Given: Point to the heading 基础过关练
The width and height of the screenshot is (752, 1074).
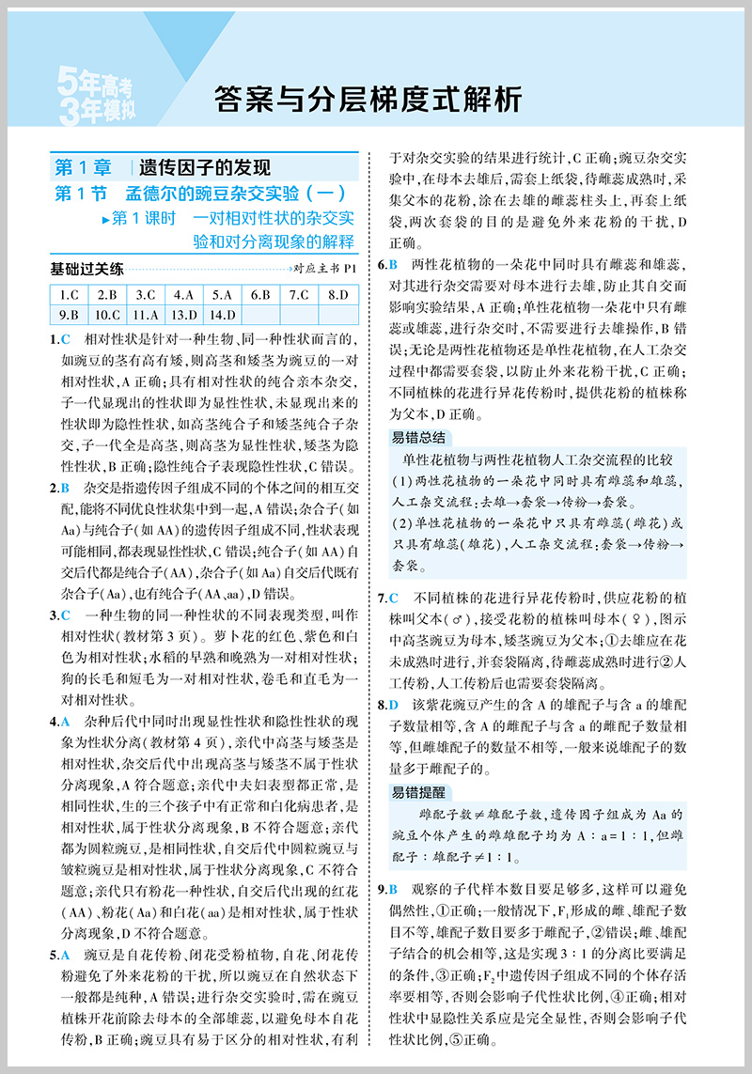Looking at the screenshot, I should [x=86, y=270].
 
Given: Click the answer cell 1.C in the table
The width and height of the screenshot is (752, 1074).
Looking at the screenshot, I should [x=69, y=293].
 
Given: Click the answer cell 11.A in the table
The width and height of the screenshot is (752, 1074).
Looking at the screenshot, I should [x=146, y=315].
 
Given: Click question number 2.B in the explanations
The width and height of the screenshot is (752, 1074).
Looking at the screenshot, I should [x=59, y=489].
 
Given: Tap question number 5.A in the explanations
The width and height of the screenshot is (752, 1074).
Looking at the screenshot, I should [x=59, y=956].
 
